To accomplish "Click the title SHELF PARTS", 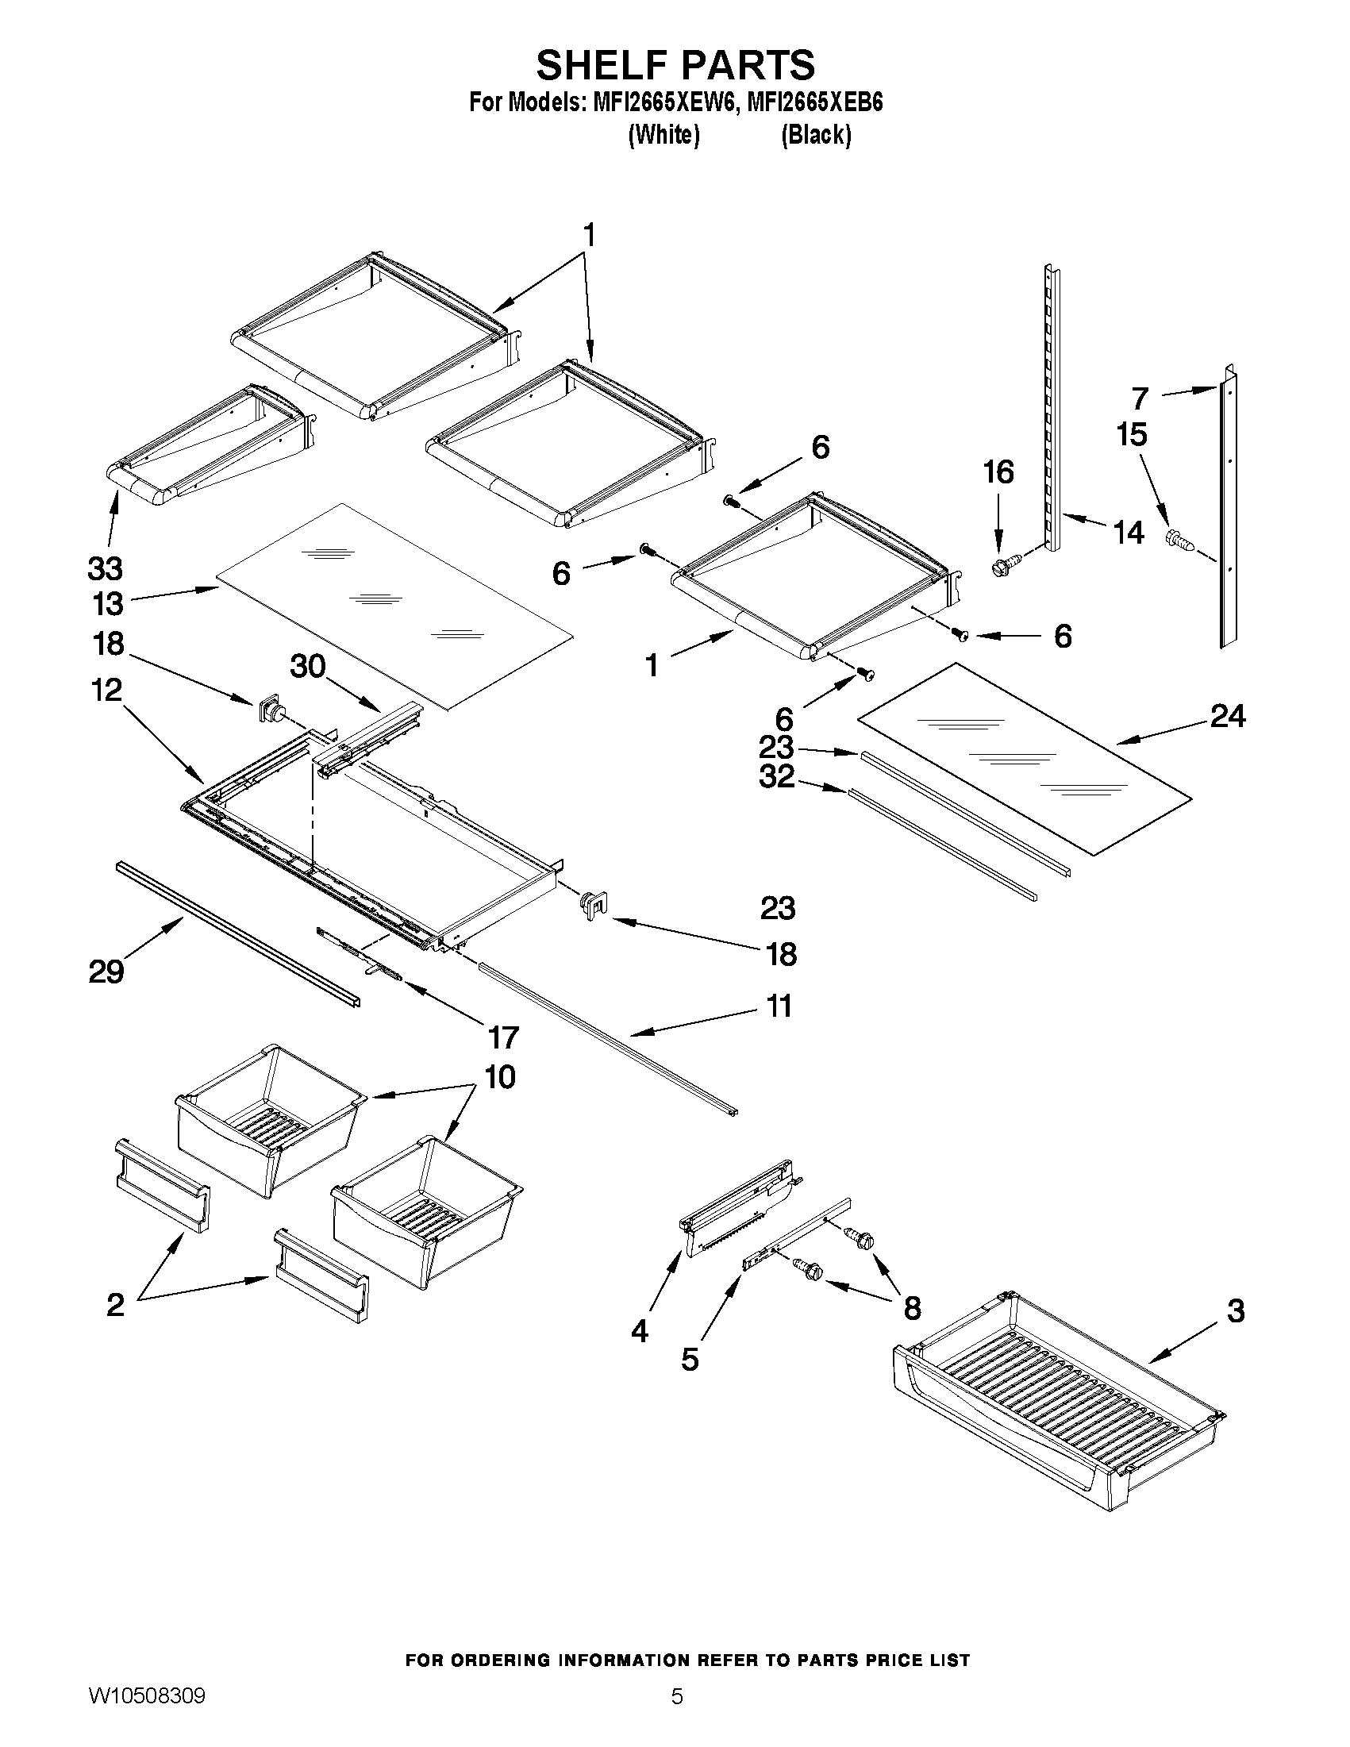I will [x=675, y=65].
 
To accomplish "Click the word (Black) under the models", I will [x=816, y=135].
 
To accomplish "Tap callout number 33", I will [x=105, y=569].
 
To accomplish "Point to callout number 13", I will [x=107, y=604].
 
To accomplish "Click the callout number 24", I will [x=1227, y=715].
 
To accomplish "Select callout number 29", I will [x=106, y=972].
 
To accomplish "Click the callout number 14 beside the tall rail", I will [x=1129, y=532].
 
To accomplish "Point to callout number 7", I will [x=1140, y=398].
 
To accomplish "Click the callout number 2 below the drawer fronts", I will [x=115, y=1305].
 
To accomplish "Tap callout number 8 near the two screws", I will [x=912, y=1309].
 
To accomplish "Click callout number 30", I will [x=308, y=665].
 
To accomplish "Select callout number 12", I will [x=106, y=690].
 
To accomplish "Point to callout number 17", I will [x=503, y=1037].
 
